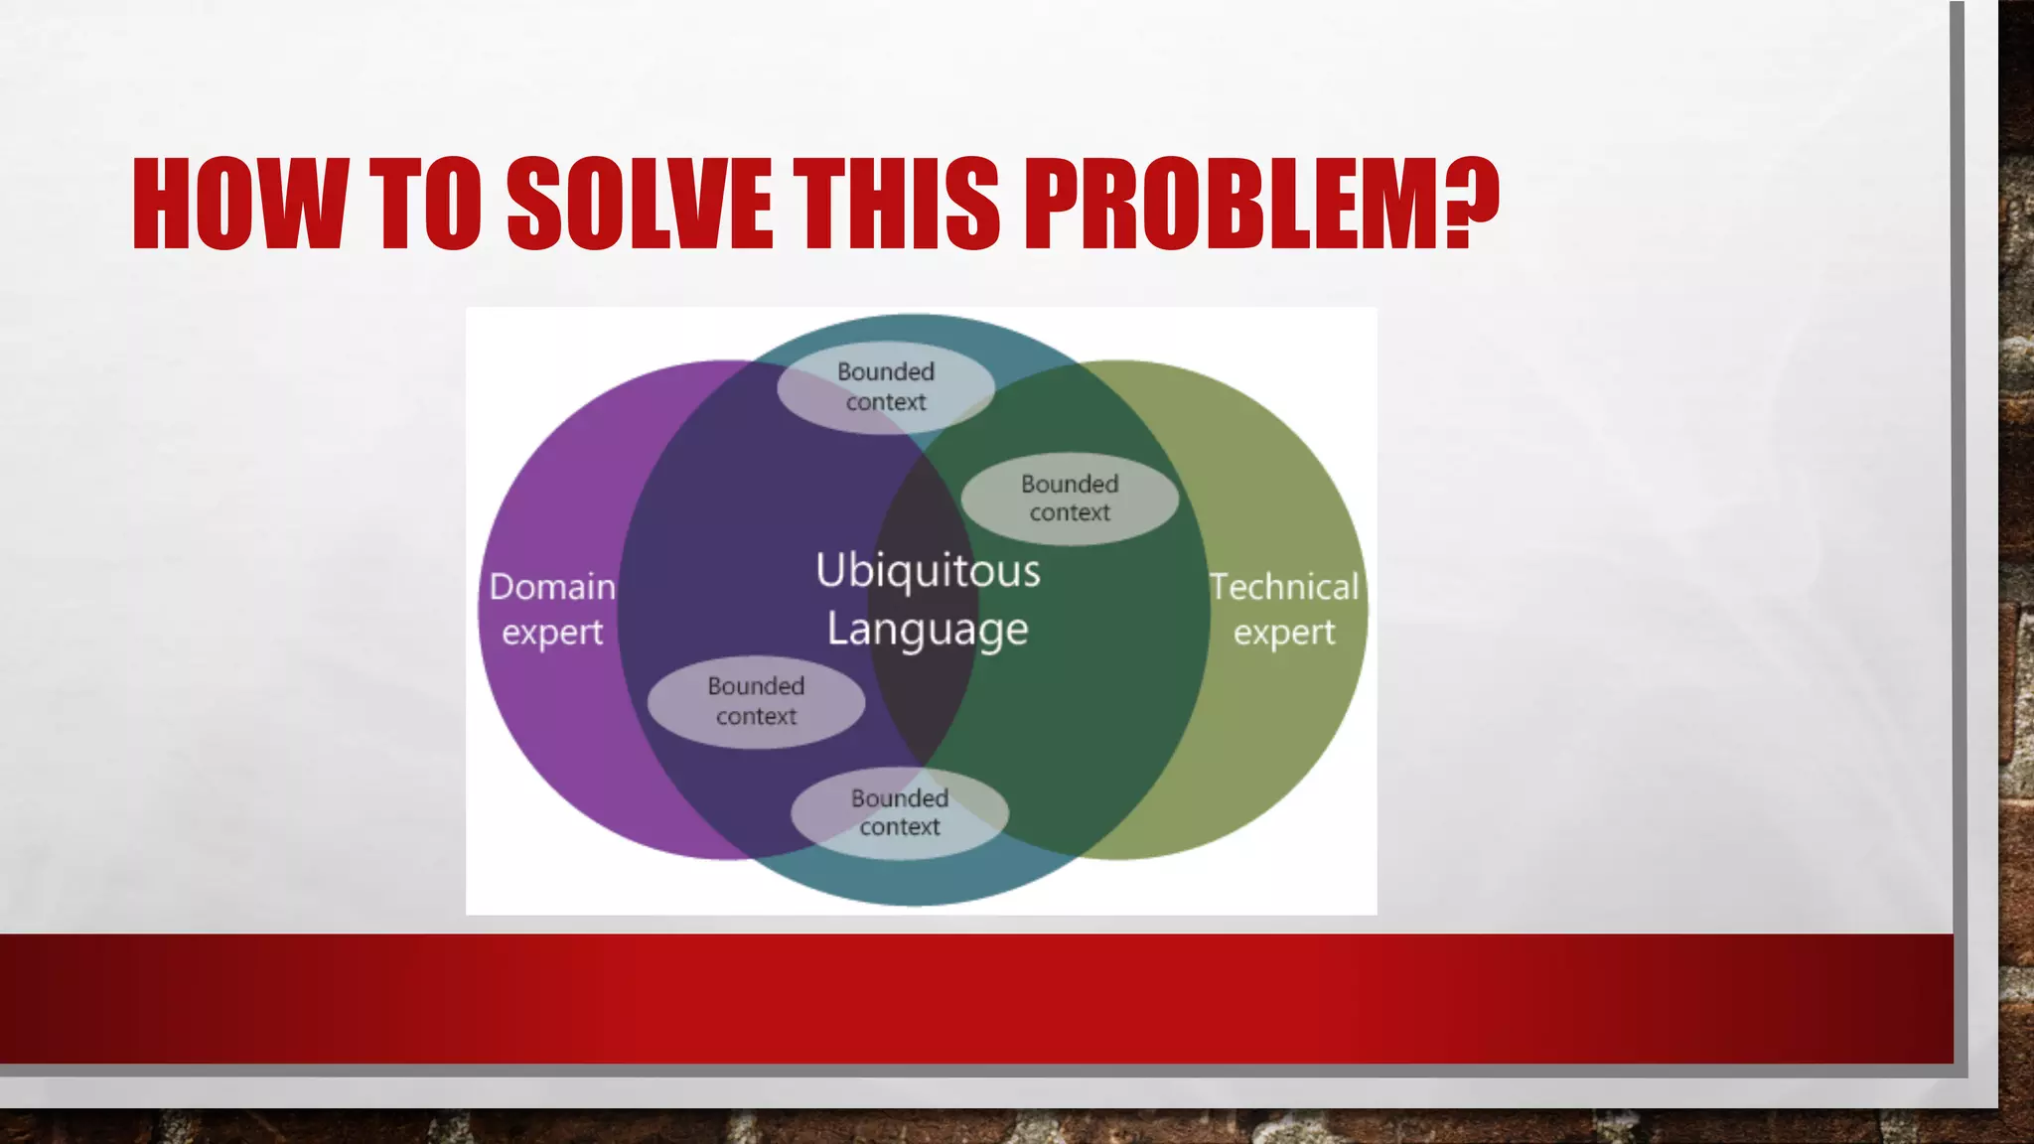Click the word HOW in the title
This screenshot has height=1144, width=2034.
point(238,204)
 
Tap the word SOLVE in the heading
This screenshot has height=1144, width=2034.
point(639,204)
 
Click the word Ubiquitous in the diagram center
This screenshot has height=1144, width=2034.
point(928,571)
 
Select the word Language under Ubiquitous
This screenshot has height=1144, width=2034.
point(928,630)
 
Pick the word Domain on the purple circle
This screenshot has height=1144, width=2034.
point(552,587)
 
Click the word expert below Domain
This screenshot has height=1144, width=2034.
point(552,633)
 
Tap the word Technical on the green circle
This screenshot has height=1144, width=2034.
point(1283,587)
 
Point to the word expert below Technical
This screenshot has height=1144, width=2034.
point(1283,633)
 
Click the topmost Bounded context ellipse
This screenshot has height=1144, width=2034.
point(885,386)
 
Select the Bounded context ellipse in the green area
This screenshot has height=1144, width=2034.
point(1070,499)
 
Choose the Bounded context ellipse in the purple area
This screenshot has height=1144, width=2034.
point(756,701)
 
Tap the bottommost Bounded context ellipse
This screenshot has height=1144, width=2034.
point(899,812)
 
